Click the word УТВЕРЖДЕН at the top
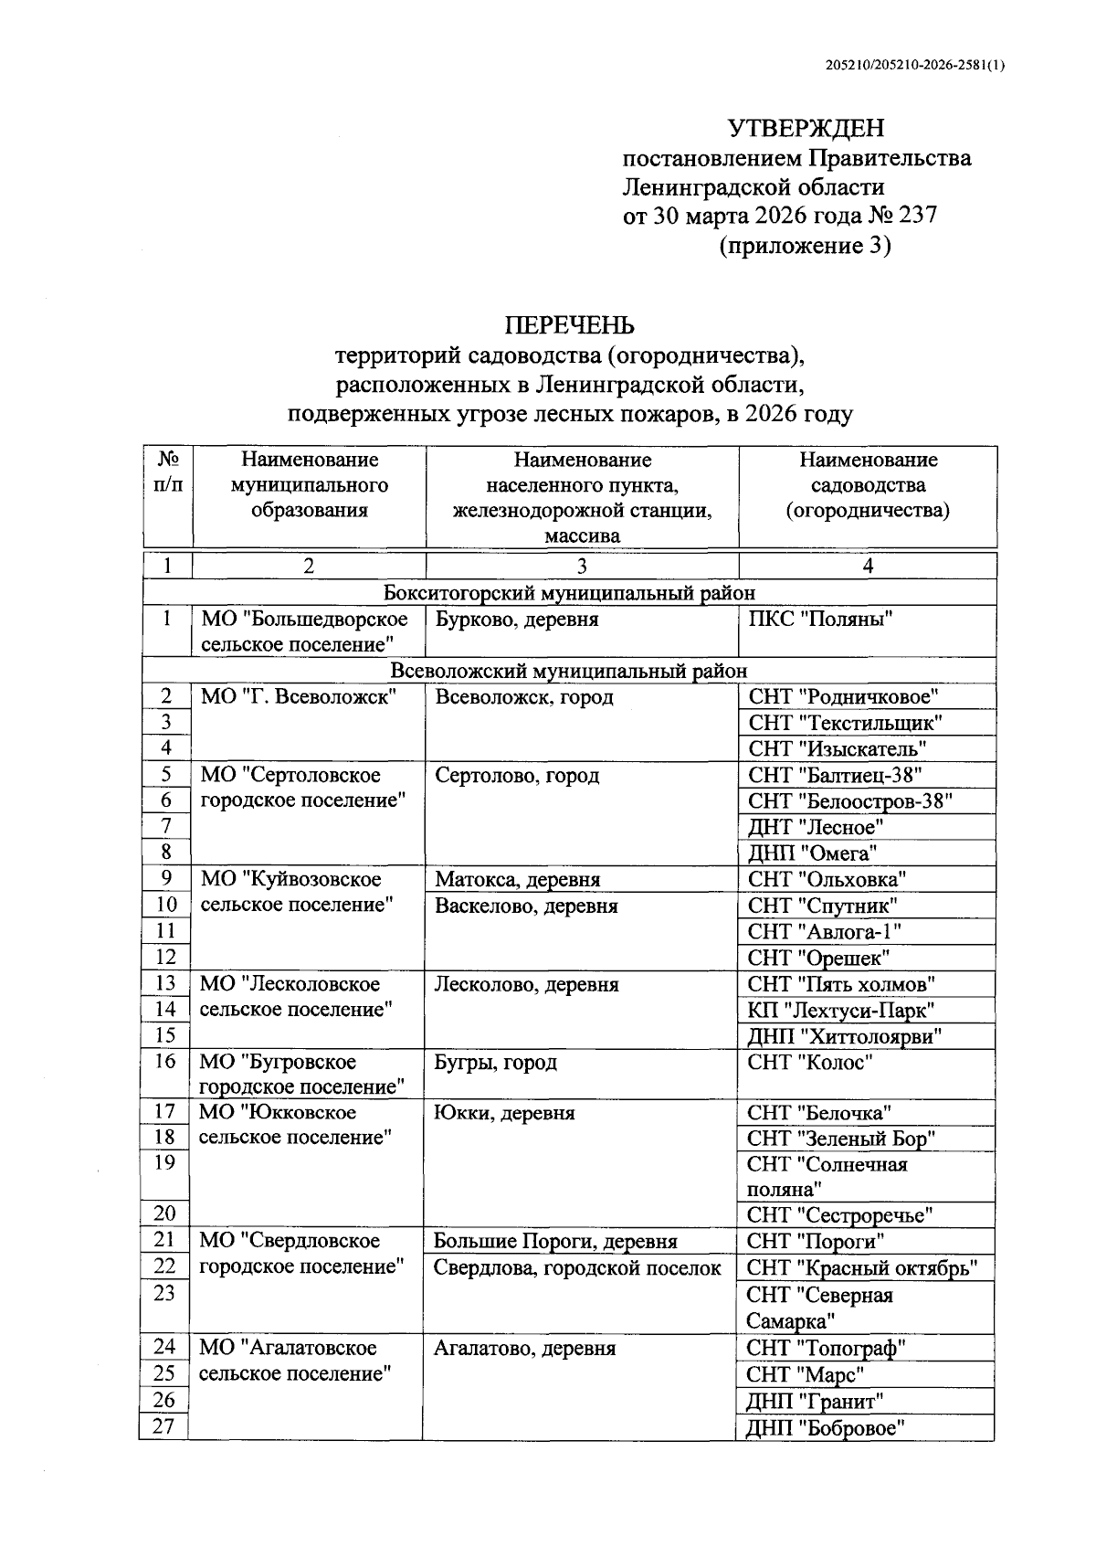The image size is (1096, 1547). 806,128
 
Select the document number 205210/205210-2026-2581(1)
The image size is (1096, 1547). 914,65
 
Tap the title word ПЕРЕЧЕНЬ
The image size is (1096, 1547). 570,325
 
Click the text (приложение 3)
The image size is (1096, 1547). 805,246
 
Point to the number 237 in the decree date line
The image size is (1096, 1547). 917,217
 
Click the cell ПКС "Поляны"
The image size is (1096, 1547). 820,620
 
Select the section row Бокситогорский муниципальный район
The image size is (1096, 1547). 569,593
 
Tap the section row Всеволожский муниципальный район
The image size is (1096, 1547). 569,672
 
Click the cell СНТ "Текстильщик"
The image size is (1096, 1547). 845,723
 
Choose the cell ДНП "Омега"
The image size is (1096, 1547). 813,853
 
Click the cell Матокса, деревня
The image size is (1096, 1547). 518,880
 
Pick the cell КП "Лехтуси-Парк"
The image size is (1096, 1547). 840,1011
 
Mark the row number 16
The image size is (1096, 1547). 165,1062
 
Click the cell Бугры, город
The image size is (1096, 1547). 496,1063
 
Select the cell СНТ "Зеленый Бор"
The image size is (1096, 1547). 841,1139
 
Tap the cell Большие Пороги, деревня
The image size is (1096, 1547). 555,1241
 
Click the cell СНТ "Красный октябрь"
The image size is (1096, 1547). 862,1268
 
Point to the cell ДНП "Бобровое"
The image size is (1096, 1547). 825,1429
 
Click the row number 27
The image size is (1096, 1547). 163,1426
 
